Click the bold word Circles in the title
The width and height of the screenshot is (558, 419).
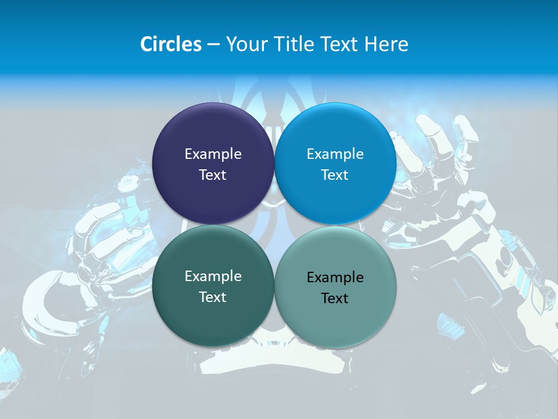[171, 44]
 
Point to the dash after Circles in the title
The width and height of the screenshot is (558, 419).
[213, 45]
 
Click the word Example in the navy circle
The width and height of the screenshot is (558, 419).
[213, 154]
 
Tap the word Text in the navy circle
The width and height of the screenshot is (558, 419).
[213, 175]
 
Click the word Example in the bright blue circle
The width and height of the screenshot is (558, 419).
[335, 154]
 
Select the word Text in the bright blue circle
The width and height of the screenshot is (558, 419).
[335, 175]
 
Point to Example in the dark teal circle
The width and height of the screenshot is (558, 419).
[213, 276]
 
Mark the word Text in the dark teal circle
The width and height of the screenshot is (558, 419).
[213, 297]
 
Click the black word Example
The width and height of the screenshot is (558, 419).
[335, 278]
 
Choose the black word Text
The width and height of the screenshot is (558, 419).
[335, 299]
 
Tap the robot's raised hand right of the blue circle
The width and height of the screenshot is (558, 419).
[430, 157]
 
